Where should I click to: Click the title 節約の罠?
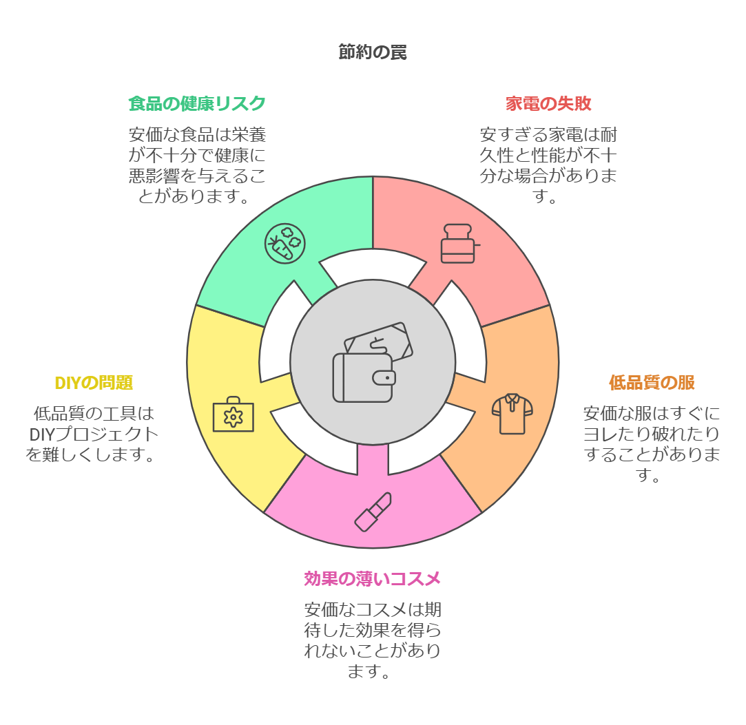373,52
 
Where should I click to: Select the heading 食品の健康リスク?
197,103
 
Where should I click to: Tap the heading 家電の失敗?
548,103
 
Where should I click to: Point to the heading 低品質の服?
652,382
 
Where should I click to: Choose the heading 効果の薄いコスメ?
373,579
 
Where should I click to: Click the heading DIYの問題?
94,382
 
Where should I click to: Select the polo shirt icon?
512,413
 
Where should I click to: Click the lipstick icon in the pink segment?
373,512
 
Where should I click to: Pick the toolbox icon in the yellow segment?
233,414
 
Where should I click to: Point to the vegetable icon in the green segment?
286,243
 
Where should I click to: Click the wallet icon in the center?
364,377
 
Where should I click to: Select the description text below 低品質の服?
652,444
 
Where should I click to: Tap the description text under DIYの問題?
94,434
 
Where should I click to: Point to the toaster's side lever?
477,244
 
